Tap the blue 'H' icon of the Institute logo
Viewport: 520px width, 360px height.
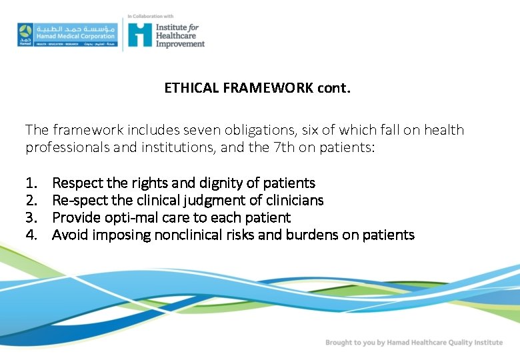[140, 34]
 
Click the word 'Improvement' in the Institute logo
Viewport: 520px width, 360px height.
[180, 44]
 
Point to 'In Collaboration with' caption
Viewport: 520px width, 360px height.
[151, 16]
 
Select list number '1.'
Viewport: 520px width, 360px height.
[31, 183]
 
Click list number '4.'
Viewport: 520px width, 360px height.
[31, 235]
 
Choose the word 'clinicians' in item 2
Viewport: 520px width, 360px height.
[293, 200]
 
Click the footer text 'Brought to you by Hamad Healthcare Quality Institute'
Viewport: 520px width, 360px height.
[414, 342]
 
